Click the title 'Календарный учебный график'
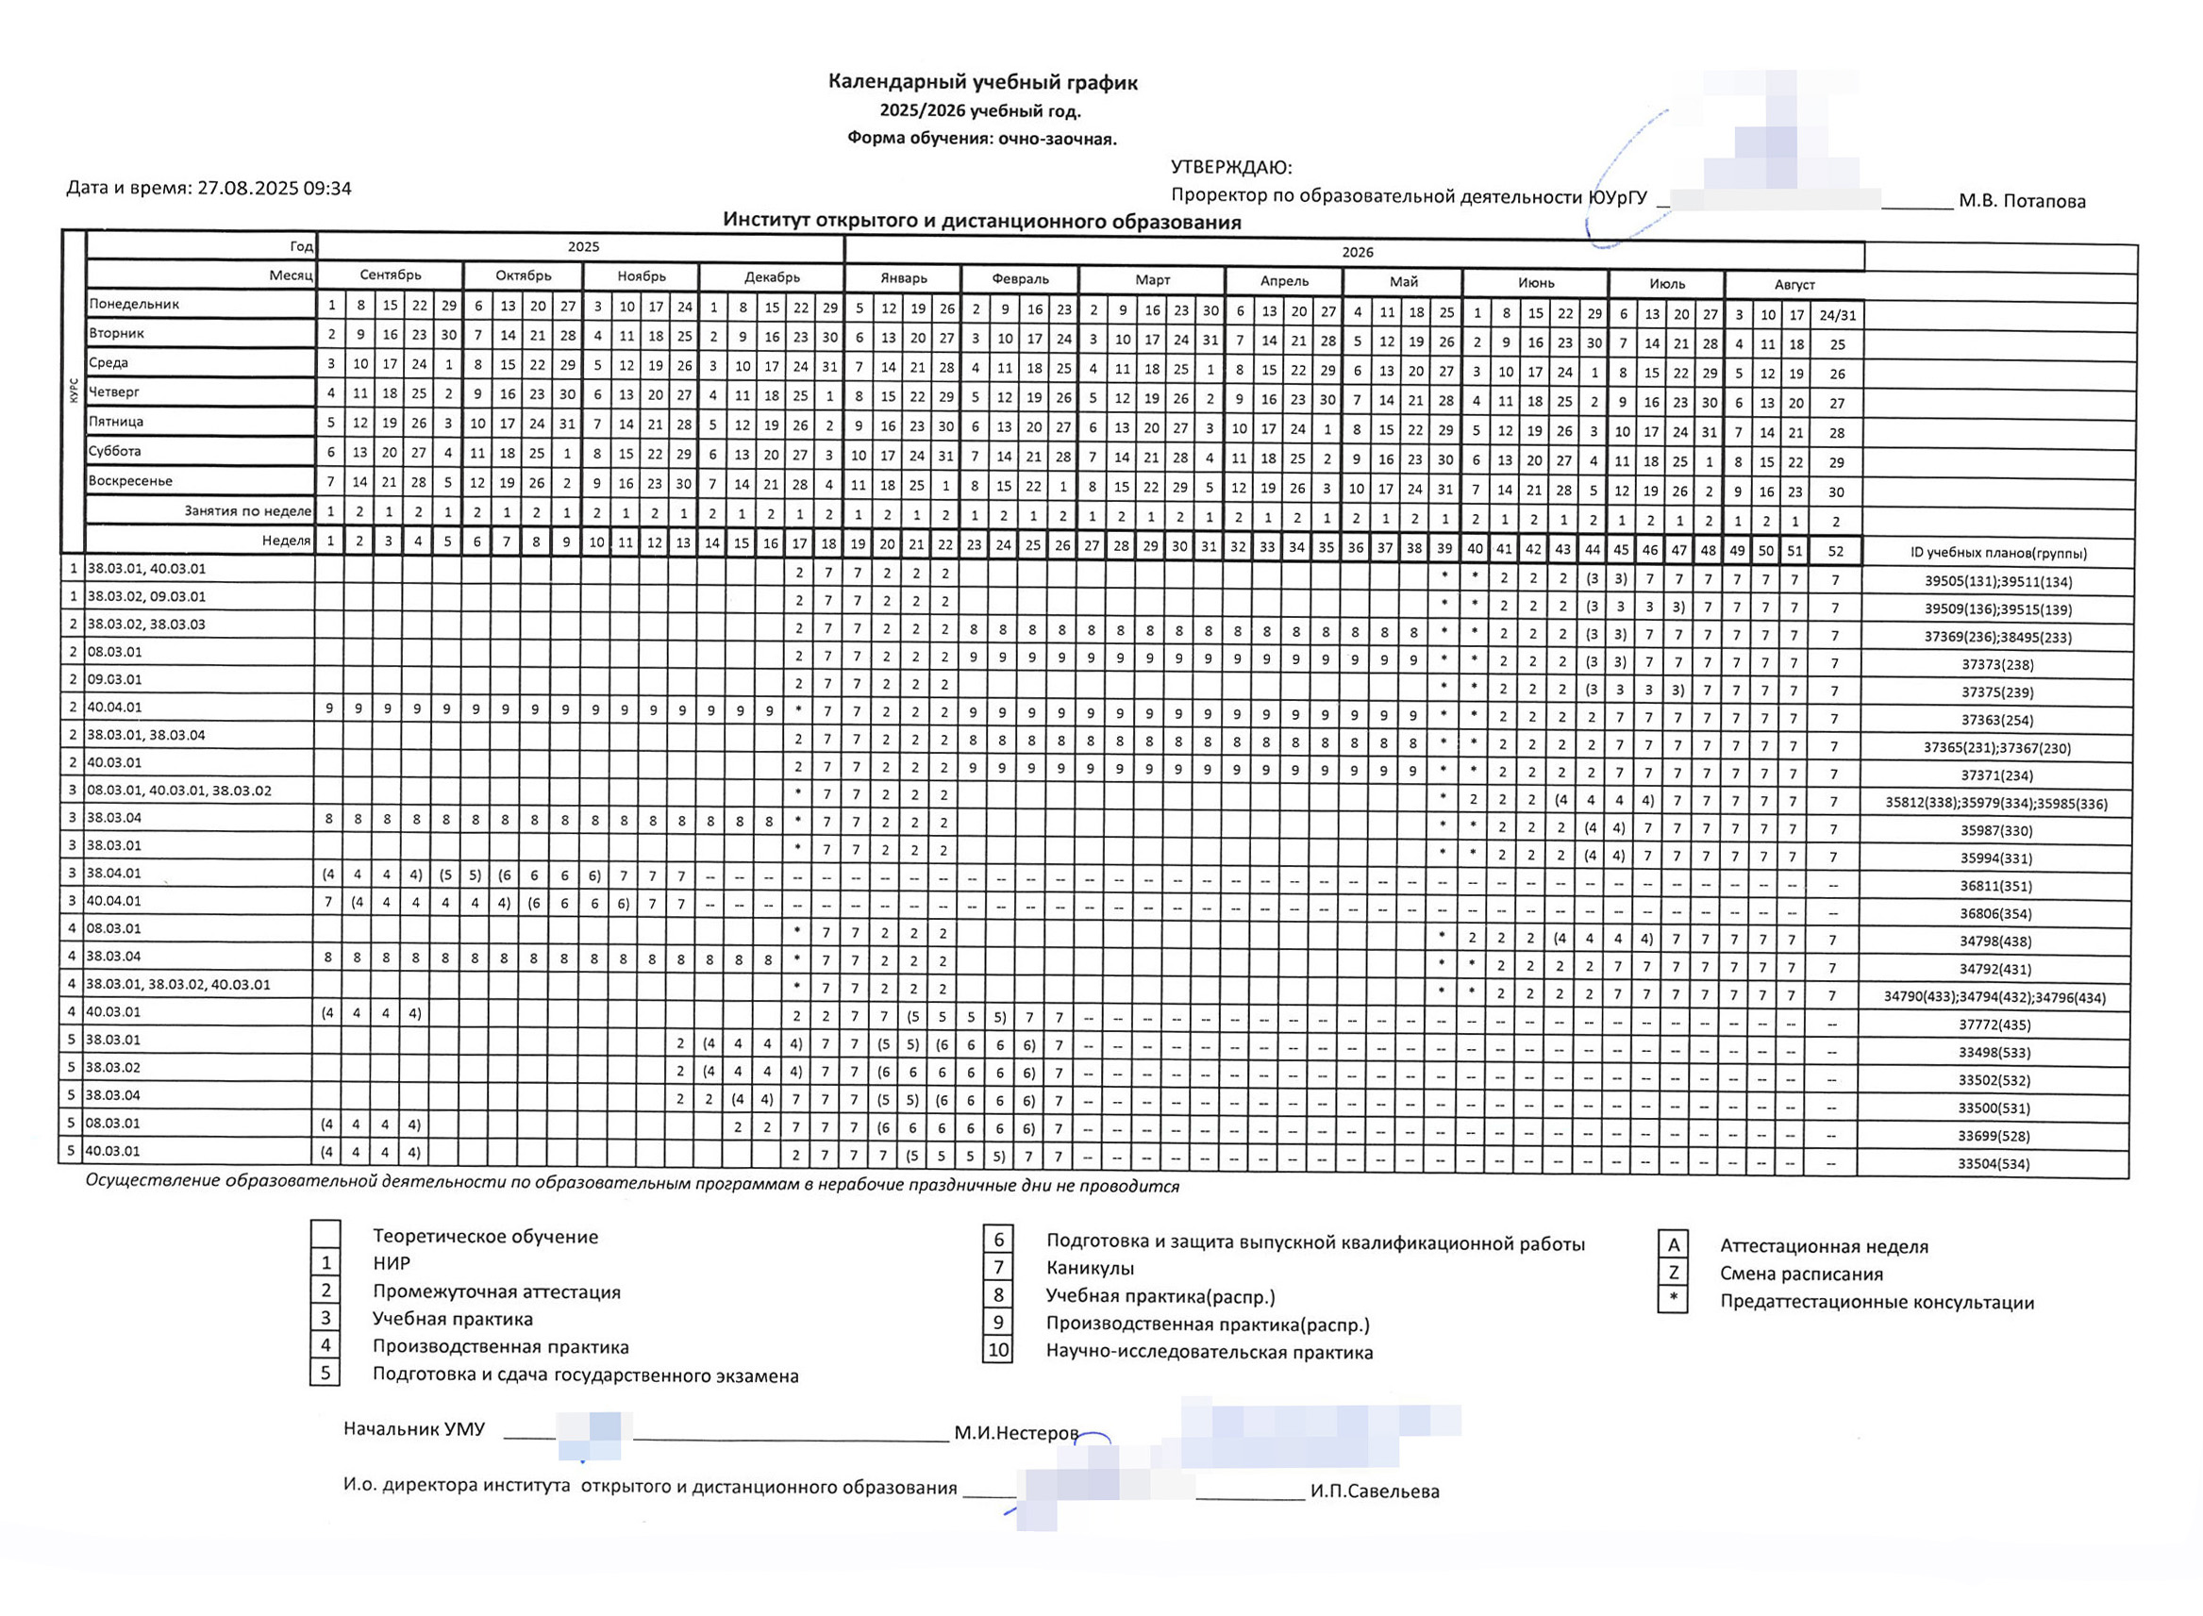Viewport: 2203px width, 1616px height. tap(982, 82)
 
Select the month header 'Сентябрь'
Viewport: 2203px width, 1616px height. tap(390, 275)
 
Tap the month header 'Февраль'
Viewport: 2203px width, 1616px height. tap(1019, 279)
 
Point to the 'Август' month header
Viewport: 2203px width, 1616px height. tap(1794, 285)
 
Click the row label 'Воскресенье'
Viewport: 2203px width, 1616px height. tap(130, 481)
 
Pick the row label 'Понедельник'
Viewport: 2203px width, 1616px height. tap(134, 304)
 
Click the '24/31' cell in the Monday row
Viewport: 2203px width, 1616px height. tap(1836, 315)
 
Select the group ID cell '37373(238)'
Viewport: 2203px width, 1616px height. tap(1996, 665)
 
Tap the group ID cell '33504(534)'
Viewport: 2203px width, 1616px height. tap(1993, 1164)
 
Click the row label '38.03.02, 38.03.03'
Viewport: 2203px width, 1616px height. tap(147, 625)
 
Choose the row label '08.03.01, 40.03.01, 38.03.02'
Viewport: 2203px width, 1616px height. tap(179, 791)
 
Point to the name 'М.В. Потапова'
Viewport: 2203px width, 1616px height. tap(2021, 202)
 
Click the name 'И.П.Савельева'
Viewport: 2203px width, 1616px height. tap(1375, 1491)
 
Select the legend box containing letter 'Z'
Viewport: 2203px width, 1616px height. tap(1673, 1273)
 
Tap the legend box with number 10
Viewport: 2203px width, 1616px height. tap(998, 1351)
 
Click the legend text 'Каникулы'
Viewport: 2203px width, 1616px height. tap(1090, 1269)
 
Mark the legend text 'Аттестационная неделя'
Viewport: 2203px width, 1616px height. tap(1824, 1246)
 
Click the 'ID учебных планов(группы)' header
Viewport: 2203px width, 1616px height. tap(1997, 553)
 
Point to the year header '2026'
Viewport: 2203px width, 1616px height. tap(1357, 253)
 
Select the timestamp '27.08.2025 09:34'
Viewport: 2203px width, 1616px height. tap(274, 188)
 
